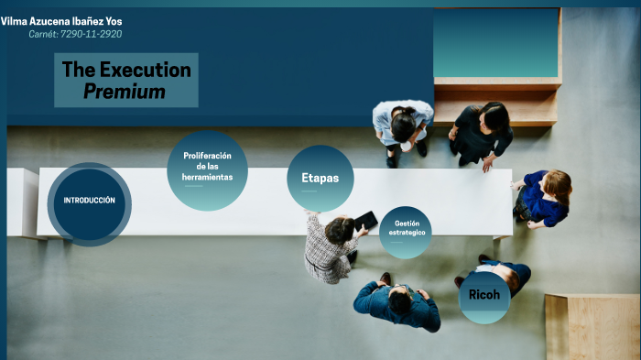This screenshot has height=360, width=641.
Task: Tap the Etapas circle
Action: pyautogui.click(x=320, y=178)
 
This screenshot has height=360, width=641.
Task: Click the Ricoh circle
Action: pyautogui.click(x=483, y=296)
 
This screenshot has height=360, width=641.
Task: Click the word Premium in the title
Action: pyautogui.click(x=125, y=92)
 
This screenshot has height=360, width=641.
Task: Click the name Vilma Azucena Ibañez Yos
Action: pyautogui.click(x=61, y=20)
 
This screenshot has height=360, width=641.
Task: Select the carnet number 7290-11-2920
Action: pyautogui.click(x=91, y=34)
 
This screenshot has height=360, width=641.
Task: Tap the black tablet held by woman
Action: pyautogui.click(x=365, y=220)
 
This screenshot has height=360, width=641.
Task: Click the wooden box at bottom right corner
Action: pyautogui.click(x=592, y=326)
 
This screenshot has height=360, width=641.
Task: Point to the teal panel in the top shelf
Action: pyautogui.click(x=494, y=42)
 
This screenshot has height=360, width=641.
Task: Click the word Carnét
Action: pyautogui.click(x=43, y=34)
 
